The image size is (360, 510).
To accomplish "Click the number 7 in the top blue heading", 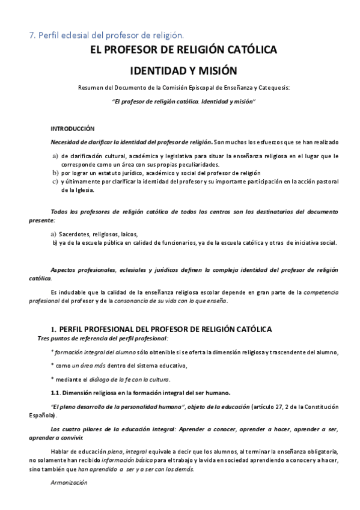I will (x=32, y=35).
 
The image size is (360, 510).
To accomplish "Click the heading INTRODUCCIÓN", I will (x=73, y=129).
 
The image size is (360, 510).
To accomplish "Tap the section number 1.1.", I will (x=58, y=393).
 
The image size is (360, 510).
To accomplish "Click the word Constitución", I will (x=319, y=407).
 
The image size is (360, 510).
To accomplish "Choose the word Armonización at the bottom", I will (x=69, y=483).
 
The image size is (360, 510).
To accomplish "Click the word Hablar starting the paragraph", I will (x=61, y=451).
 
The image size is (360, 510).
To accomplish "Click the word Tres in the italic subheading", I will (x=43, y=339).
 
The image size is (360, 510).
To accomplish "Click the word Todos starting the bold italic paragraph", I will (x=61, y=212).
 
